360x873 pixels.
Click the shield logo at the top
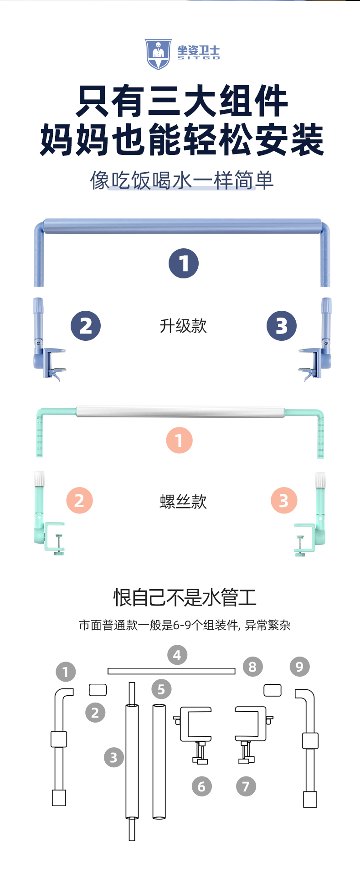tap(158, 54)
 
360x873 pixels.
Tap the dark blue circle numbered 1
tap(184, 263)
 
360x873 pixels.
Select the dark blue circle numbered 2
tap(86, 326)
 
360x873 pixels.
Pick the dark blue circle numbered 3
tap(282, 326)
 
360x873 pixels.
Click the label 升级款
tap(183, 326)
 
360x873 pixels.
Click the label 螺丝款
tap(183, 502)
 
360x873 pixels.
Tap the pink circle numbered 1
tap(179, 440)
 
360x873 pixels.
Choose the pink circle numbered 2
tap(80, 500)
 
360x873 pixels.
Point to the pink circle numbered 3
tap(284, 500)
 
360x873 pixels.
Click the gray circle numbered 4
tap(177, 655)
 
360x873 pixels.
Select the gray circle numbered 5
tap(161, 689)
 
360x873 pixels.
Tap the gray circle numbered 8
tap(252, 667)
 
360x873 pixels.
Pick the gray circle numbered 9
tap(299, 667)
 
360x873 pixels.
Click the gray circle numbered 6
tap(202, 786)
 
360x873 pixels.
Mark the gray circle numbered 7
tap(246, 786)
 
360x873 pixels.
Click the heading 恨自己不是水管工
tap(185, 597)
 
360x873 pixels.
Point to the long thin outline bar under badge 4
tap(171, 671)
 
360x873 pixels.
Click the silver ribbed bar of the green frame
tap(180, 412)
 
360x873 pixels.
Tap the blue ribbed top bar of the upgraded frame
tap(183, 226)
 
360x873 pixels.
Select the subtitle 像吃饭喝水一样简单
tap(182, 180)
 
